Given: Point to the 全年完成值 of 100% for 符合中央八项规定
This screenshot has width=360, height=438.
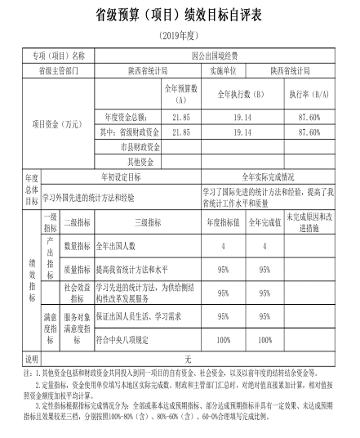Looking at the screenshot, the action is coord(264,337).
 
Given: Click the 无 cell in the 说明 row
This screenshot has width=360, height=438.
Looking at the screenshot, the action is coord(187,357).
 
